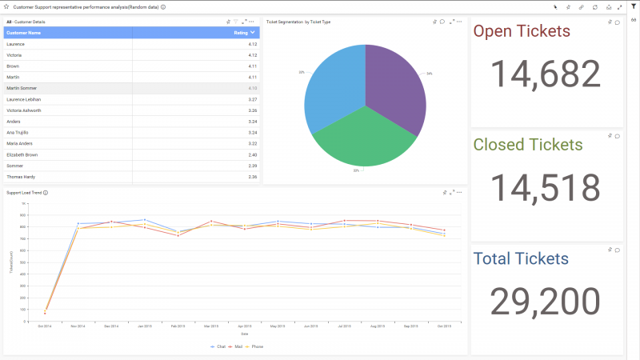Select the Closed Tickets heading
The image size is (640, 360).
coord(528,145)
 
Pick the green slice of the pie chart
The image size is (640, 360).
coord(364,140)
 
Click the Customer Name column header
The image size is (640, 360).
coord(24,33)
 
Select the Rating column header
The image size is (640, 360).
coord(241,33)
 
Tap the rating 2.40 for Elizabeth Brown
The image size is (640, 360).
coord(252,154)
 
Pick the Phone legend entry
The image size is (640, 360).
coord(256,346)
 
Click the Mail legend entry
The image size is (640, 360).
coord(238,346)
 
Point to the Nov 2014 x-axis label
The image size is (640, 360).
coord(78,326)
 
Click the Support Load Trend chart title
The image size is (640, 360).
coord(23,193)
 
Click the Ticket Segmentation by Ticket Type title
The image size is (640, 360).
coord(298,22)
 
